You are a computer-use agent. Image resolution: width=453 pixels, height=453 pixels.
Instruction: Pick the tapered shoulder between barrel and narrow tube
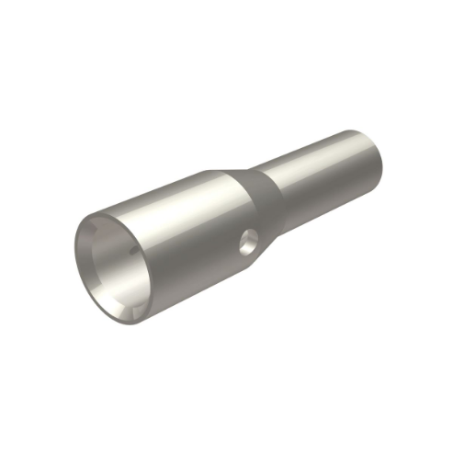[x=260, y=198]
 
